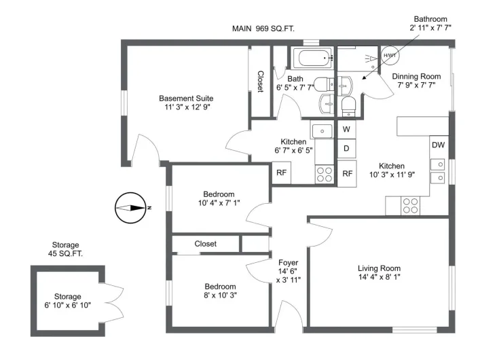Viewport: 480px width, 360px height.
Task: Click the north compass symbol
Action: (130, 208)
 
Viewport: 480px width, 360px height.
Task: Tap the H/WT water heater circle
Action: (390, 56)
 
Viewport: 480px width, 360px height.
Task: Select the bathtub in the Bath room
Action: (312, 58)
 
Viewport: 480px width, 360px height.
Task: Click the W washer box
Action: (346, 129)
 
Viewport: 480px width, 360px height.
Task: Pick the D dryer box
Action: (346, 148)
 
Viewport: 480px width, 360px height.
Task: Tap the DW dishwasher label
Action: (438, 145)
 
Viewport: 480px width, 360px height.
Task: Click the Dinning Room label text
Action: (417, 76)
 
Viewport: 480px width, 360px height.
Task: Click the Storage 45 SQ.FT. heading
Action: (66, 249)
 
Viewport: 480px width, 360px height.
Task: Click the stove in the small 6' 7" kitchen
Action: (325, 174)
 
